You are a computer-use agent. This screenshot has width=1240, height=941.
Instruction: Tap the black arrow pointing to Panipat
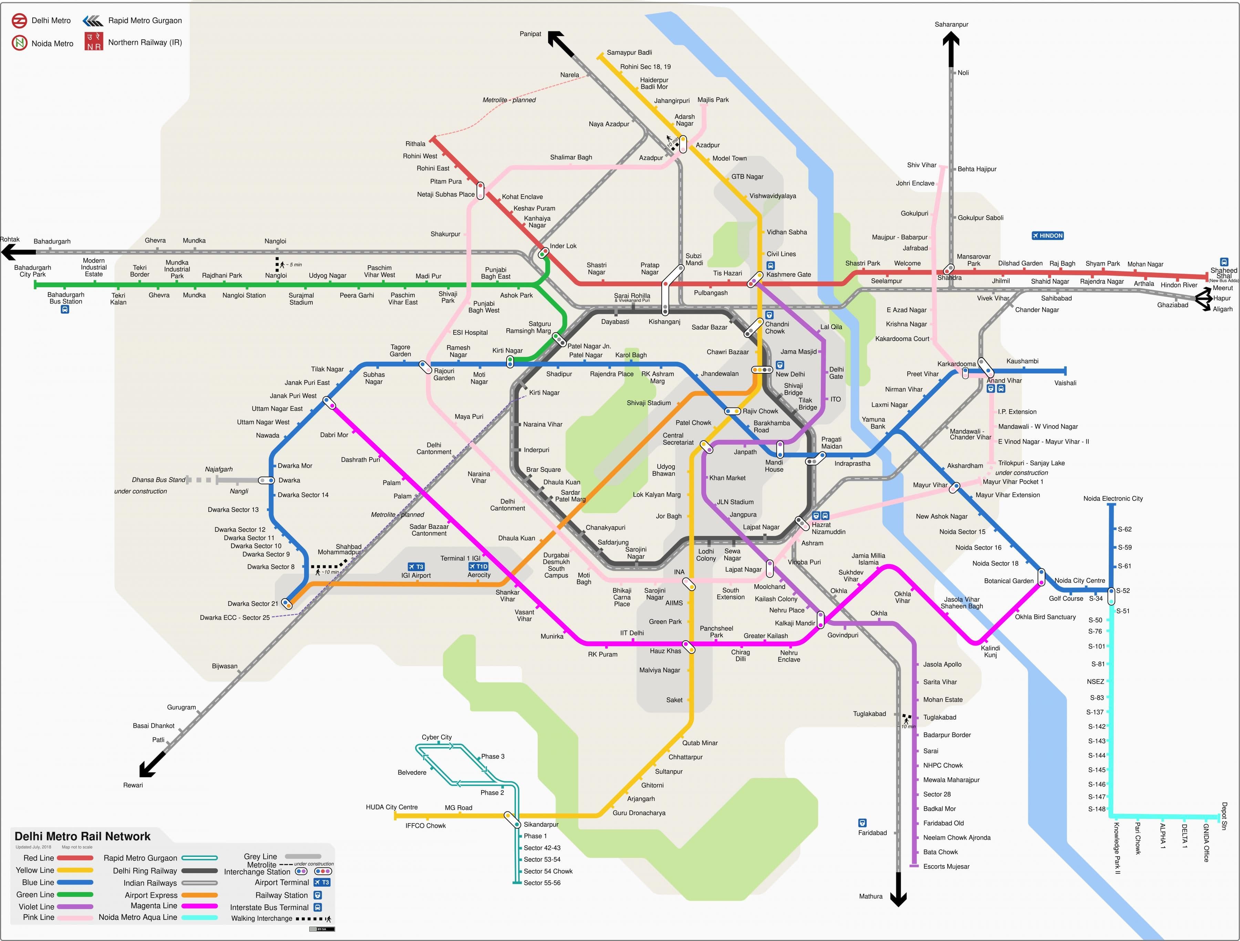tap(559, 43)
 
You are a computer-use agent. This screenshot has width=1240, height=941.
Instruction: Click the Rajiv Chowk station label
tap(760, 411)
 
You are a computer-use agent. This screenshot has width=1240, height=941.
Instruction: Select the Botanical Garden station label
tap(1009, 581)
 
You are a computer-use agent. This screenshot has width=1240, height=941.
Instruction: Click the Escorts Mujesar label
tap(946, 867)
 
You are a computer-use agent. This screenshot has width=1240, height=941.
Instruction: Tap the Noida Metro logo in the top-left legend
tap(20, 43)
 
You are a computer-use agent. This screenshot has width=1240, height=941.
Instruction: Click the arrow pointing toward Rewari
tap(151, 765)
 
